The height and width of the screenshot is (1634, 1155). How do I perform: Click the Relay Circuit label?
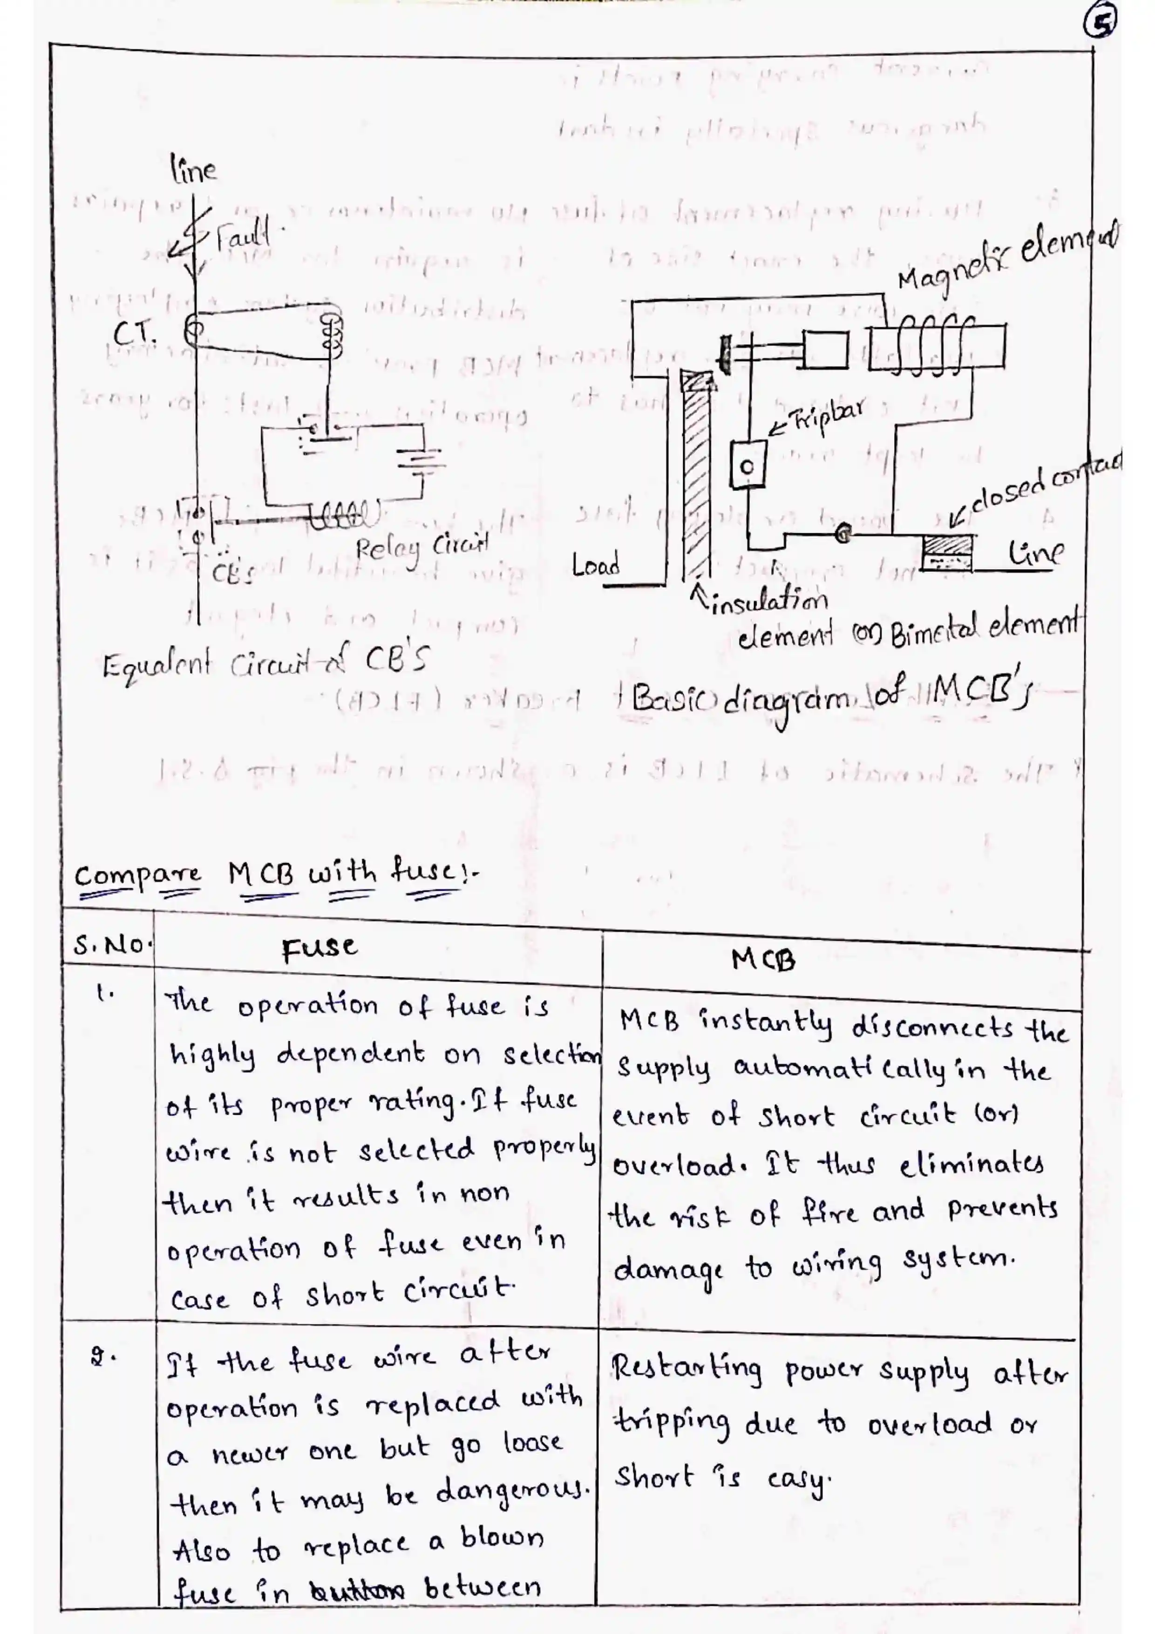tap(422, 547)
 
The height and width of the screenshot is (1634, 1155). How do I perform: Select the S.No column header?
tap(111, 945)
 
